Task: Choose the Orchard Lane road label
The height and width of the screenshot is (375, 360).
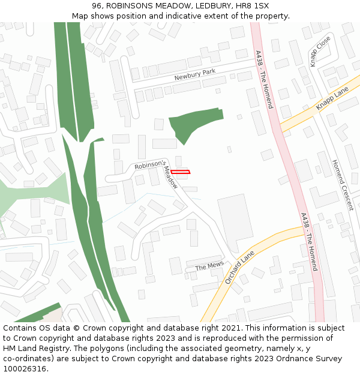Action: [239, 268]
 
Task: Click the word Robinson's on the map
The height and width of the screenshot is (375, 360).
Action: [149, 164]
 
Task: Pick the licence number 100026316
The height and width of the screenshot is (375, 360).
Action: [25, 368]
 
